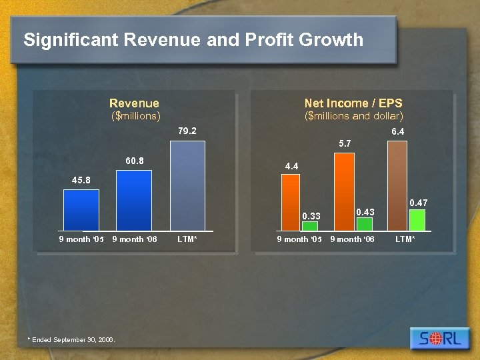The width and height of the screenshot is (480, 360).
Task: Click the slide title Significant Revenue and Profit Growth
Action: (x=193, y=40)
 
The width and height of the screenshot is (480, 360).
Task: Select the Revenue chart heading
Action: (x=134, y=103)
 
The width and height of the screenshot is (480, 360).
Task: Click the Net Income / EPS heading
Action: (x=353, y=103)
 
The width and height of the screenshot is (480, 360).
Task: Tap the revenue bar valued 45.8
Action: (x=81, y=210)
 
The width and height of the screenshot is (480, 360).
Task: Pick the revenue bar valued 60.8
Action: (x=134, y=200)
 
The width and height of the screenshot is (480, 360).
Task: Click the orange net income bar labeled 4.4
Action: (x=291, y=202)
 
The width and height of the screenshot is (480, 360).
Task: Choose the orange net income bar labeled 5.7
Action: (x=344, y=191)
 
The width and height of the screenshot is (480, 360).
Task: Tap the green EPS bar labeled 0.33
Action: (x=310, y=226)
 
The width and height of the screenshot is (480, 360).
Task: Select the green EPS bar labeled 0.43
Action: (x=364, y=224)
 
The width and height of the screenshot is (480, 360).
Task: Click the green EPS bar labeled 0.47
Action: (x=417, y=220)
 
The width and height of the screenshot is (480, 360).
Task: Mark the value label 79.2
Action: (x=187, y=131)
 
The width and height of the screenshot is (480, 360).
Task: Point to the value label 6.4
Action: (x=398, y=132)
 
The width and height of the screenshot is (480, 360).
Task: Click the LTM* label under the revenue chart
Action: (x=187, y=239)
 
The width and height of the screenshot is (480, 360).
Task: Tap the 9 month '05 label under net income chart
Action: (x=299, y=239)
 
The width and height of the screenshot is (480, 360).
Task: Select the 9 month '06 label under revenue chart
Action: (x=135, y=239)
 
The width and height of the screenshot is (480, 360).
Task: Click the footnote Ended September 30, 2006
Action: (x=71, y=340)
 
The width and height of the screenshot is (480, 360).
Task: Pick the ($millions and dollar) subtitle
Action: (x=353, y=116)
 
